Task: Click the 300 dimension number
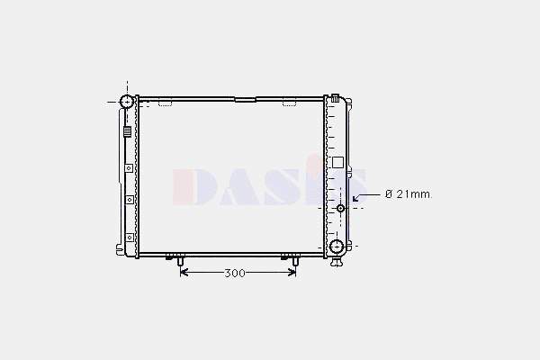tap(235, 274)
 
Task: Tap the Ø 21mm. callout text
tap(409, 194)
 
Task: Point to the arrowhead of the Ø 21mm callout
tap(356, 198)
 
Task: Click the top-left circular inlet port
tap(126, 102)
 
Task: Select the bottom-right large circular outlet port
tap(337, 247)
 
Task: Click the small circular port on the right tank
tap(340, 208)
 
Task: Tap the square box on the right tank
tap(337, 162)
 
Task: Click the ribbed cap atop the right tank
tap(335, 98)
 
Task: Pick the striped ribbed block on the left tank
tap(128, 131)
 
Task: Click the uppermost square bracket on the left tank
tap(129, 168)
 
